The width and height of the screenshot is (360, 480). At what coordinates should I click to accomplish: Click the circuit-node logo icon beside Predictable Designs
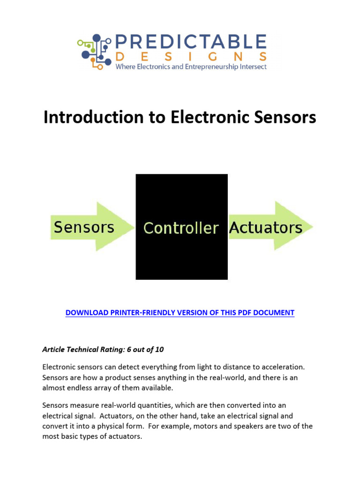coord(96,52)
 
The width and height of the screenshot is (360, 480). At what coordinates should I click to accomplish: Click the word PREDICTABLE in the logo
coord(191,42)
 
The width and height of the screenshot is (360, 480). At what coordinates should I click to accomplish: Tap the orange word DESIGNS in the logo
coord(191,57)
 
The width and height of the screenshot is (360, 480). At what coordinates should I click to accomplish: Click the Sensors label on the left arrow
coord(84,227)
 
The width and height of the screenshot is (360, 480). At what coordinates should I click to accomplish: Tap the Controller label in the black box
coord(181,228)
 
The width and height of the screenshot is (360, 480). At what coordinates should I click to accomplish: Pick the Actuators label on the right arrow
coord(265,228)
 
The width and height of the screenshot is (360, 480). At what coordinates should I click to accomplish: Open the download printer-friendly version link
coord(180,313)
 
